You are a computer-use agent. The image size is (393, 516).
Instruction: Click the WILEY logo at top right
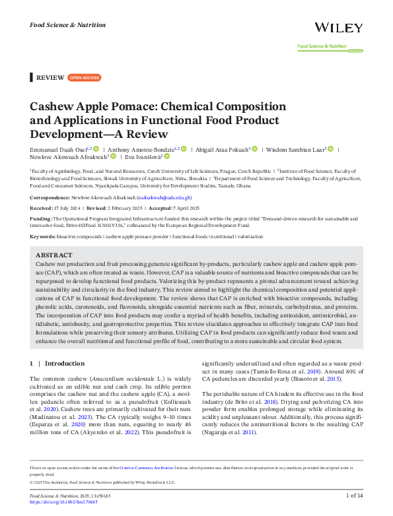tap(338, 28)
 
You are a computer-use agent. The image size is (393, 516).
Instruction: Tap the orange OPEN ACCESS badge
tap(84, 78)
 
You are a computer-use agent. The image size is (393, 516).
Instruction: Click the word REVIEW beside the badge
tap(50, 78)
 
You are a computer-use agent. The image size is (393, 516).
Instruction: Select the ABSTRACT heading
tap(54, 254)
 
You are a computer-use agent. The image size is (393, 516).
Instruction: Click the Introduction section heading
tap(64, 363)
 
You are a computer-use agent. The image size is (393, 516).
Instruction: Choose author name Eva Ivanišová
tap(144, 157)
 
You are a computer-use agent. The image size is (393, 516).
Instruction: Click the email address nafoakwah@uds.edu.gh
tap(164, 197)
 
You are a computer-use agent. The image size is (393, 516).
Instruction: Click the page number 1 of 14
tap(351, 495)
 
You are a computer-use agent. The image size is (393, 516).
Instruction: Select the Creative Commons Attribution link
tap(155, 467)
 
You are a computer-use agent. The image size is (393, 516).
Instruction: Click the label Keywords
tap(42, 236)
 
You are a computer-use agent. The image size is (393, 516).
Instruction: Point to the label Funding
tap(41, 217)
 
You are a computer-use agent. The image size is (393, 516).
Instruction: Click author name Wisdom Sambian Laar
tap(295, 150)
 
